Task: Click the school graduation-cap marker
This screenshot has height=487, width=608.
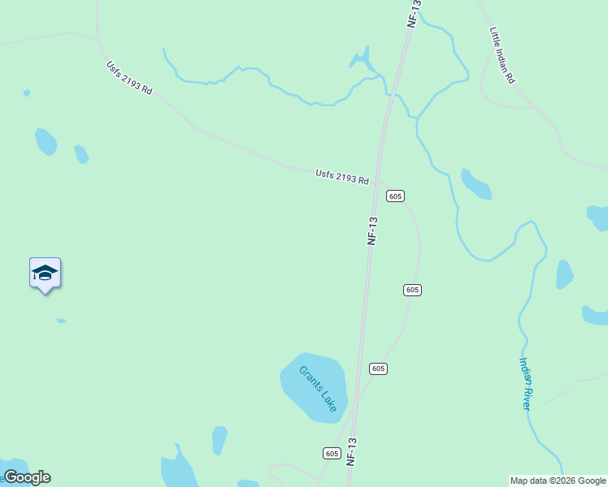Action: pos(45,274)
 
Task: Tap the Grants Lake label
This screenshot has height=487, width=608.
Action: pos(317,389)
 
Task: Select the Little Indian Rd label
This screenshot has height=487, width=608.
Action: pos(502,55)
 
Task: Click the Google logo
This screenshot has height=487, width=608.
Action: pos(27,477)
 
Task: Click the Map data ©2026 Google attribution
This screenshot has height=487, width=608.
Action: pos(557,481)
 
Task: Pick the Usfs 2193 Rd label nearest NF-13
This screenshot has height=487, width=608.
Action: pos(342,176)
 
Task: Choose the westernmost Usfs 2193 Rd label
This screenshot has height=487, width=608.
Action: pos(128,78)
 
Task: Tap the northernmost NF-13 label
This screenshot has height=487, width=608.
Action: pos(414,15)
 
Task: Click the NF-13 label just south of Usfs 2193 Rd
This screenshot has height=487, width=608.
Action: pos(373,231)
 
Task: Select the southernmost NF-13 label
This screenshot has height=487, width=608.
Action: pos(352,451)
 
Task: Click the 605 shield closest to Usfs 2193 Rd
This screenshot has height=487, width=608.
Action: pos(395,196)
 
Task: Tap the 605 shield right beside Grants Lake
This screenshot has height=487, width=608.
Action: pos(378,368)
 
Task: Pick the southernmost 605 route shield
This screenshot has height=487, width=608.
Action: pos(331,453)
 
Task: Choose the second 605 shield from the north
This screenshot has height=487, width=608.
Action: pos(412,290)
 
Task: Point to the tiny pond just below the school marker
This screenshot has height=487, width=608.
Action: pos(61,321)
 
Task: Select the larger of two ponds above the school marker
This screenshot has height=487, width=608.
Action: pos(46,141)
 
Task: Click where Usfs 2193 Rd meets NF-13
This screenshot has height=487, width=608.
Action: pos(379,183)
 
